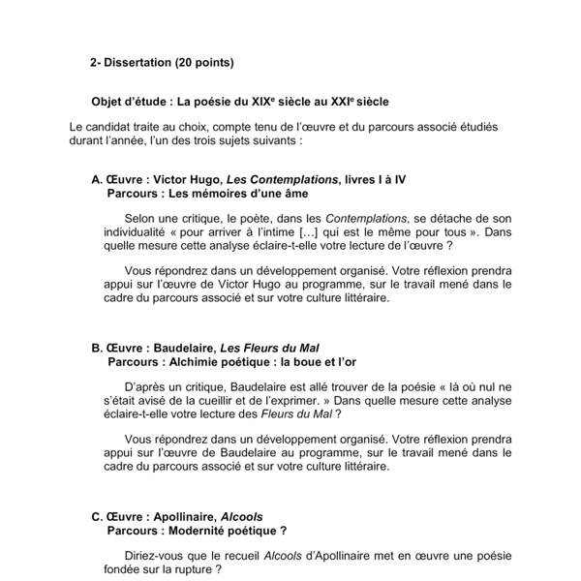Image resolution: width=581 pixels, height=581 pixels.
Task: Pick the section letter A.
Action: coord(96,179)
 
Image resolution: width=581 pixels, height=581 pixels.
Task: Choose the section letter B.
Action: coord(96,348)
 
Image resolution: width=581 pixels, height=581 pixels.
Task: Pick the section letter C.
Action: coord(96,516)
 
